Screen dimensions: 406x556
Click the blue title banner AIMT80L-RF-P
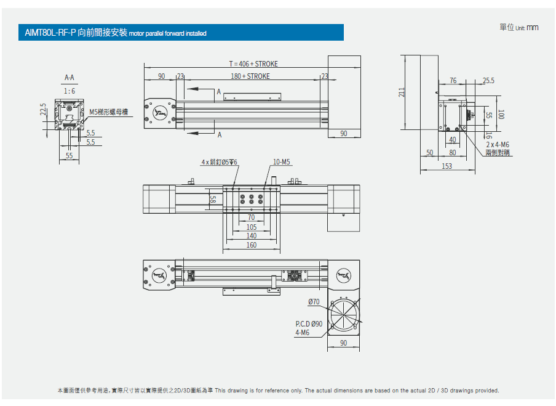pos(178,33)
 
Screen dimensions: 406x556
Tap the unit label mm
pos(532,27)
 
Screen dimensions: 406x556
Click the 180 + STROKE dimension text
pos(250,76)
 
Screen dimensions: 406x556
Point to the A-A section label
pos(69,78)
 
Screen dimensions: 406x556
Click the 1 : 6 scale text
pos(69,91)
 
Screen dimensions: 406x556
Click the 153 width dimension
pos(447,166)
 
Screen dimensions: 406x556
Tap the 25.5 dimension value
pos(488,81)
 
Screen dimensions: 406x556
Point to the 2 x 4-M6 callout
pos(498,145)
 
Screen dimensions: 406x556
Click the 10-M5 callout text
pos(282,163)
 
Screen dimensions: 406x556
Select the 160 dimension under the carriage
pos(252,245)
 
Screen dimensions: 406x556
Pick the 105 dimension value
pos(252,227)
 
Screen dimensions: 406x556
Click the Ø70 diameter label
pos(314,302)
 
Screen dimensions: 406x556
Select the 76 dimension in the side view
pos(453,81)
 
